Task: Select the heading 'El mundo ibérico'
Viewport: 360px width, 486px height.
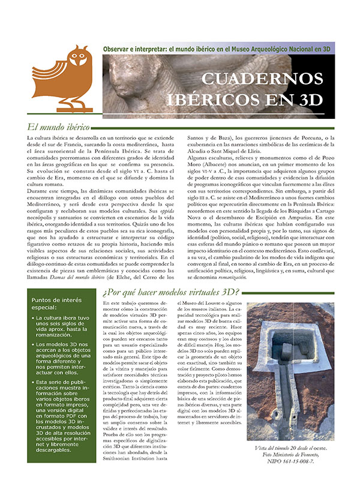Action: (58, 127)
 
